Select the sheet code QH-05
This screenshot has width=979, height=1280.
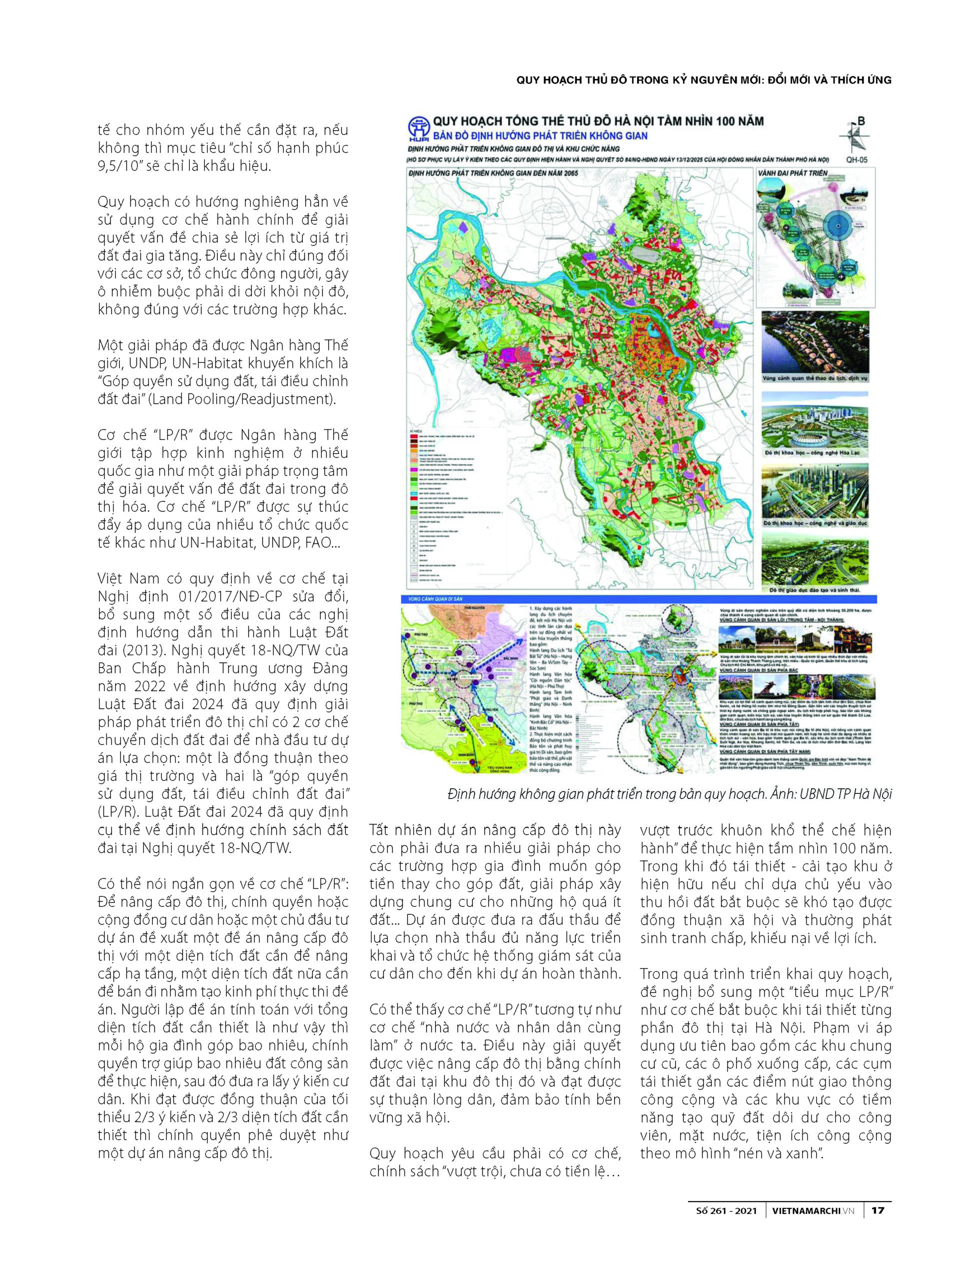point(856,159)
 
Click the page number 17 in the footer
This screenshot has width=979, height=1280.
point(878,1210)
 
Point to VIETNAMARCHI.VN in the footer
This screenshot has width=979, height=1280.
point(813,1210)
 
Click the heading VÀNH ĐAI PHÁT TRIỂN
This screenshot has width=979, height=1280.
point(793,173)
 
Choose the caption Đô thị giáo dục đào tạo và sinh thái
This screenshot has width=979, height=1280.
point(815,590)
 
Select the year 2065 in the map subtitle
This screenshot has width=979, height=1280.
point(571,173)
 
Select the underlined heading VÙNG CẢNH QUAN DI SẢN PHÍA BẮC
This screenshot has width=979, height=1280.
point(758,671)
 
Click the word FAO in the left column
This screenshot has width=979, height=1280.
point(318,542)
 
